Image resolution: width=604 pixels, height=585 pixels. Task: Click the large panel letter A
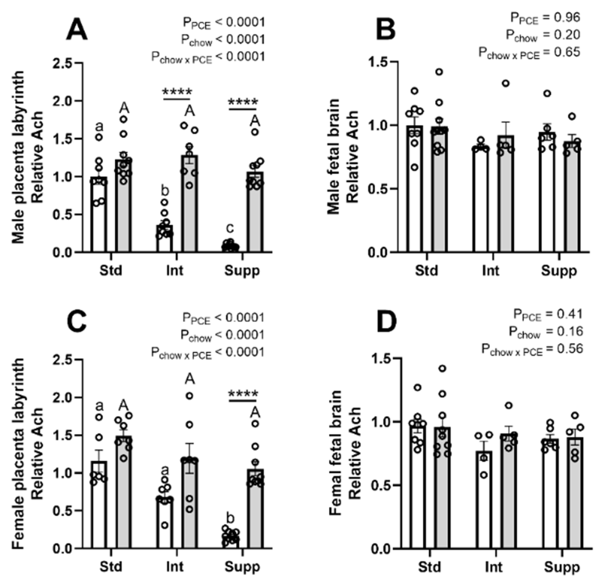pos(77,30)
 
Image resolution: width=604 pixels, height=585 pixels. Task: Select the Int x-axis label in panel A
pos(174,271)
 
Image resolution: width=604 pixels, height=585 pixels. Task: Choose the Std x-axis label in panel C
pos(111,566)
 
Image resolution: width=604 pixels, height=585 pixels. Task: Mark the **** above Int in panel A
pos(177,92)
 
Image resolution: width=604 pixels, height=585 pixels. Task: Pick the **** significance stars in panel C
pos(243,394)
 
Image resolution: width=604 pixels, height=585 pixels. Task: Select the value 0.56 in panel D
pos(572,349)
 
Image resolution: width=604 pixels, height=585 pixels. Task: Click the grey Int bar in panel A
pos(190,203)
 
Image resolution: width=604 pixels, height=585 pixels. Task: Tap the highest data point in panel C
pos(190,395)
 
